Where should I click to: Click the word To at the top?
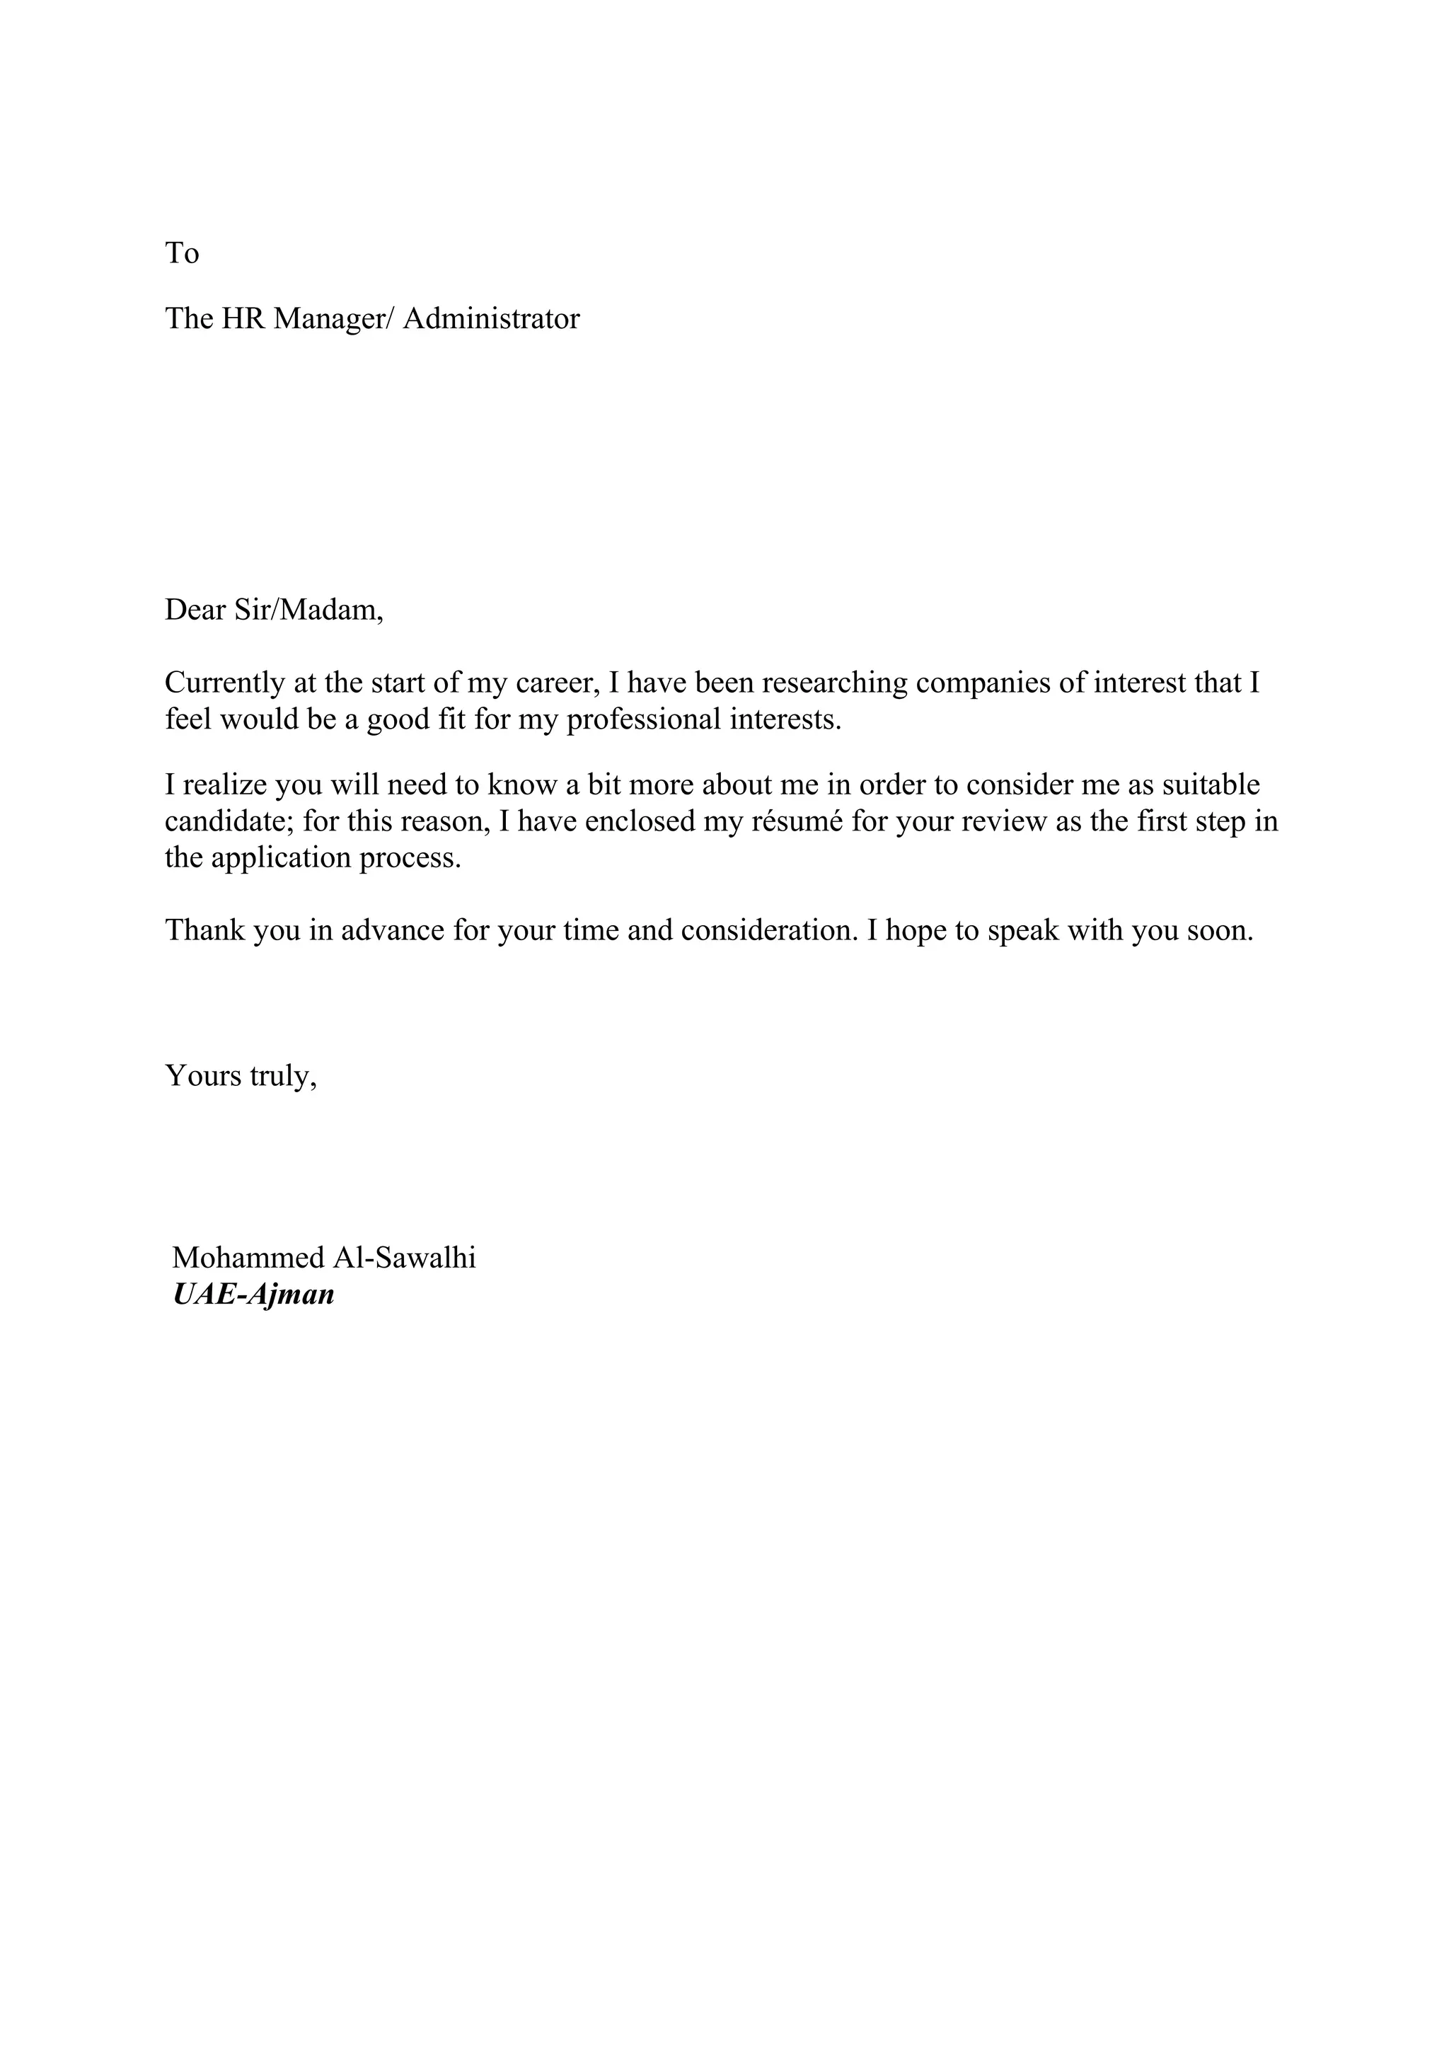click(181, 253)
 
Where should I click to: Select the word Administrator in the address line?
click(491, 319)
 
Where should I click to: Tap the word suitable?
click(1211, 786)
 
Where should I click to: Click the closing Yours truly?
click(241, 1076)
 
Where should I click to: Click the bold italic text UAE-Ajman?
click(253, 1295)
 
